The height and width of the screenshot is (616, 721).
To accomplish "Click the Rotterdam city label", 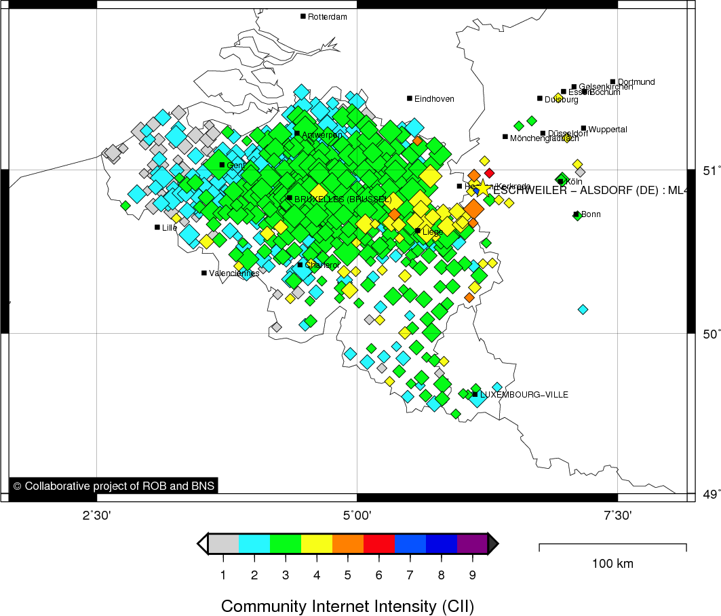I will (328, 17).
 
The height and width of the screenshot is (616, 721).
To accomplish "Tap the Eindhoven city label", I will (434, 99).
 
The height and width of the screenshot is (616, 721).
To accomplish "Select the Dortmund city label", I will (636, 82).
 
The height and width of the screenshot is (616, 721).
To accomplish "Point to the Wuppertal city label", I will (608, 130).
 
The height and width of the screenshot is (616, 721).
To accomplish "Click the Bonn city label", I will (591, 215).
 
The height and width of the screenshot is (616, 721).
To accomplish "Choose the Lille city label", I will (170, 228).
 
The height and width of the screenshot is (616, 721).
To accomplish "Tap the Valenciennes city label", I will (234, 273).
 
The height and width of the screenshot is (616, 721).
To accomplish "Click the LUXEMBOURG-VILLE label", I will (524, 395).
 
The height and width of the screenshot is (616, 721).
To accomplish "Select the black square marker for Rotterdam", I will (303, 16).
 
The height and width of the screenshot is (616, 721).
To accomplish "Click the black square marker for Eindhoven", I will (410, 98).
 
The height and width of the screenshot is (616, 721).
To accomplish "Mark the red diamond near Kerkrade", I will (489, 173).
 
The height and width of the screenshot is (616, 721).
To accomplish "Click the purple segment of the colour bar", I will (472, 543).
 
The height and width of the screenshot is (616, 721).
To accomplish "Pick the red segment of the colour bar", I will (379, 543).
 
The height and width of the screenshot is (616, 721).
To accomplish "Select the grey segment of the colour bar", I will (224, 543).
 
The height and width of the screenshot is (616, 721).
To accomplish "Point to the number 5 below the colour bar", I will (347, 575).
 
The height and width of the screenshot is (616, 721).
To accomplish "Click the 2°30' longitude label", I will (97, 516).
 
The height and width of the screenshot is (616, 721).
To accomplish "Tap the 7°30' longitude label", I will (617, 516).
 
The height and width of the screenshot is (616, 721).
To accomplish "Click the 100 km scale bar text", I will (612, 564).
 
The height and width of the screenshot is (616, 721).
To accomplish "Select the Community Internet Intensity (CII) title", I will (347, 605).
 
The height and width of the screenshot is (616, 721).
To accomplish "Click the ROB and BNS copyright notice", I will (113, 486).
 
